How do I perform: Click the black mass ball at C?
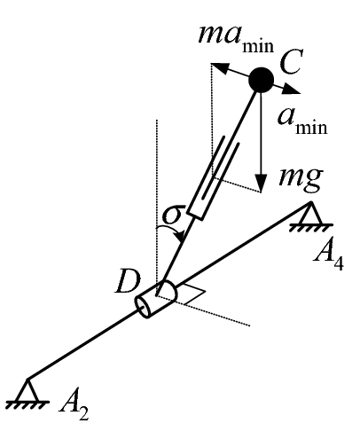(261, 81)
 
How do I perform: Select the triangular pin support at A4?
(309, 214)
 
